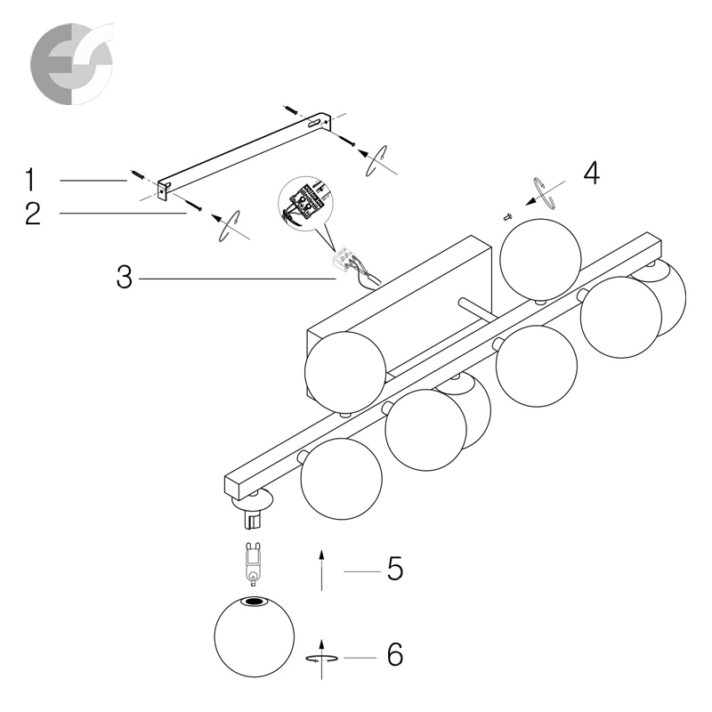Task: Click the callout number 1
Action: click(x=30, y=179)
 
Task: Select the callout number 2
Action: click(x=33, y=214)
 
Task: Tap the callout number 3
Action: click(x=125, y=277)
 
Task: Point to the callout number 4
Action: click(x=591, y=173)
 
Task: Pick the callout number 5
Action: click(x=395, y=569)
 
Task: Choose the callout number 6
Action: click(x=395, y=655)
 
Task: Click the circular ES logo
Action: click(x=71, y=64)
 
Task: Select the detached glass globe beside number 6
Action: click(x=255, y=637)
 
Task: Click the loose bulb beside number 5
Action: click(x=253, y=563)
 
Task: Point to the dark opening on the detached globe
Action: click(x=254, y=603)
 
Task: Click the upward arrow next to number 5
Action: click(x=321, y=570)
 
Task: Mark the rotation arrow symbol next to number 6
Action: click(x=321, y=659)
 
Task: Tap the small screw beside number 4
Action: click(x=507, y=217)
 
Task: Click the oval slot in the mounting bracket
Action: click(x=313, y=123)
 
